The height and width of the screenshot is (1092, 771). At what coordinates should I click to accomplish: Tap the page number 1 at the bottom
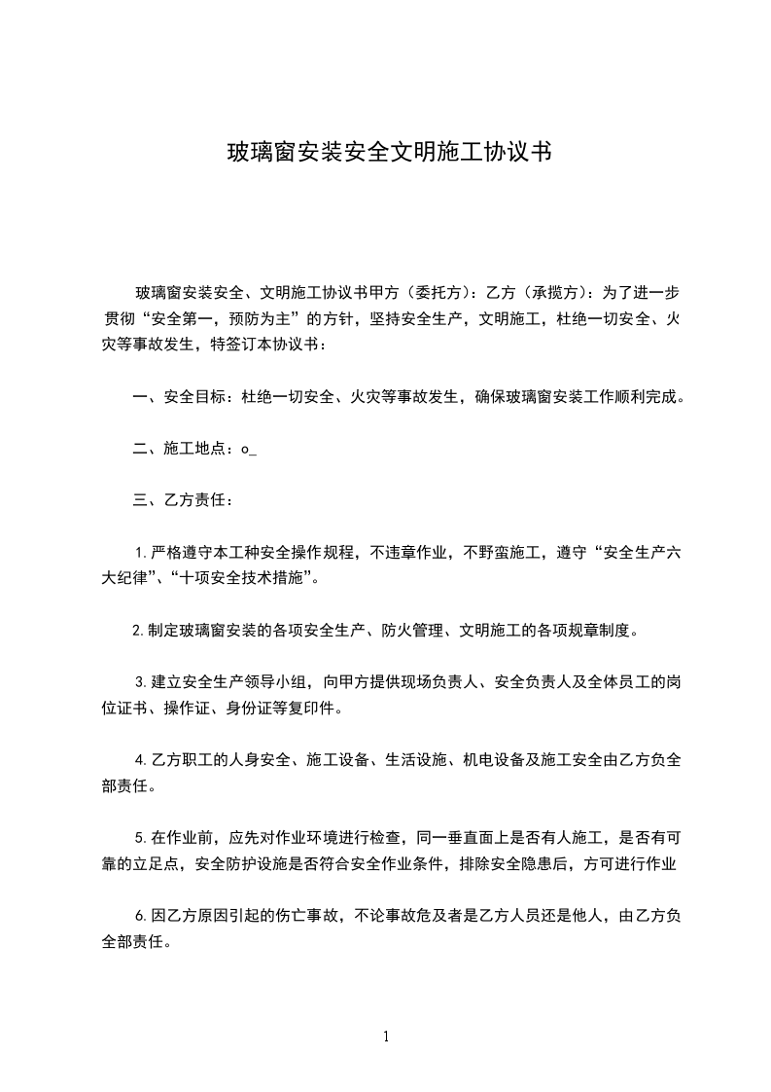386,1037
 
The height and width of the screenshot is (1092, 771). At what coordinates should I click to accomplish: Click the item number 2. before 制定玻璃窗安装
138,631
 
